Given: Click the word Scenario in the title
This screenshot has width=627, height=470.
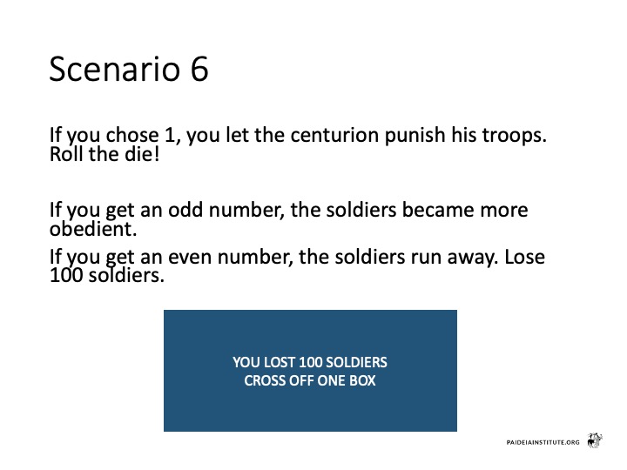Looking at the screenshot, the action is pyautogui.click(x=115, y=69).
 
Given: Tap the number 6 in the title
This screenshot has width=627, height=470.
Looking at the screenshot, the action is pyautogui.click(x=199, y=69).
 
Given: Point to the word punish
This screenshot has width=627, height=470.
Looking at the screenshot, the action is pyautogui.click(x=415, y=136).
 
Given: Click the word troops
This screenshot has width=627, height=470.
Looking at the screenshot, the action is pyautogui.click(x=515, y=135).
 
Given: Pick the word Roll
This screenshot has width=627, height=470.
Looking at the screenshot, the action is pyautogui.click(x=65, y=154).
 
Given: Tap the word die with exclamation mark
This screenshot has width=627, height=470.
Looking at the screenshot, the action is pyautogui.click(x=142, y=154).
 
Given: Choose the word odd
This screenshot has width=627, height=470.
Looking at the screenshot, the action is pyautogui.click(x=185, y=210).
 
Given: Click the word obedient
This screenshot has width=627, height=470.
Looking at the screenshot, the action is pyautogui.click(x=93, y=229).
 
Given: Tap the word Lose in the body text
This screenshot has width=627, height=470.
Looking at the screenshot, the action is pyautogui.click(x=524, y=257).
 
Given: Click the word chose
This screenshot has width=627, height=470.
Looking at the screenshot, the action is pyautogui.click(x=132, y=135).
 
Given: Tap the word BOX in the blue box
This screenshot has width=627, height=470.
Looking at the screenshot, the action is pyautogui.click(x=362, y=380).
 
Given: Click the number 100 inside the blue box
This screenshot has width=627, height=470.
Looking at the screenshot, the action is pyautogui.click(x=310, y=362).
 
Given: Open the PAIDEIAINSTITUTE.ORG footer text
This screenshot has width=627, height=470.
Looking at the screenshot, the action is pyautogui.click(x=543, y=442).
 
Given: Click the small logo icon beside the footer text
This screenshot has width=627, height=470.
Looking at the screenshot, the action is pyautogui.click(x=595, y=440).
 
